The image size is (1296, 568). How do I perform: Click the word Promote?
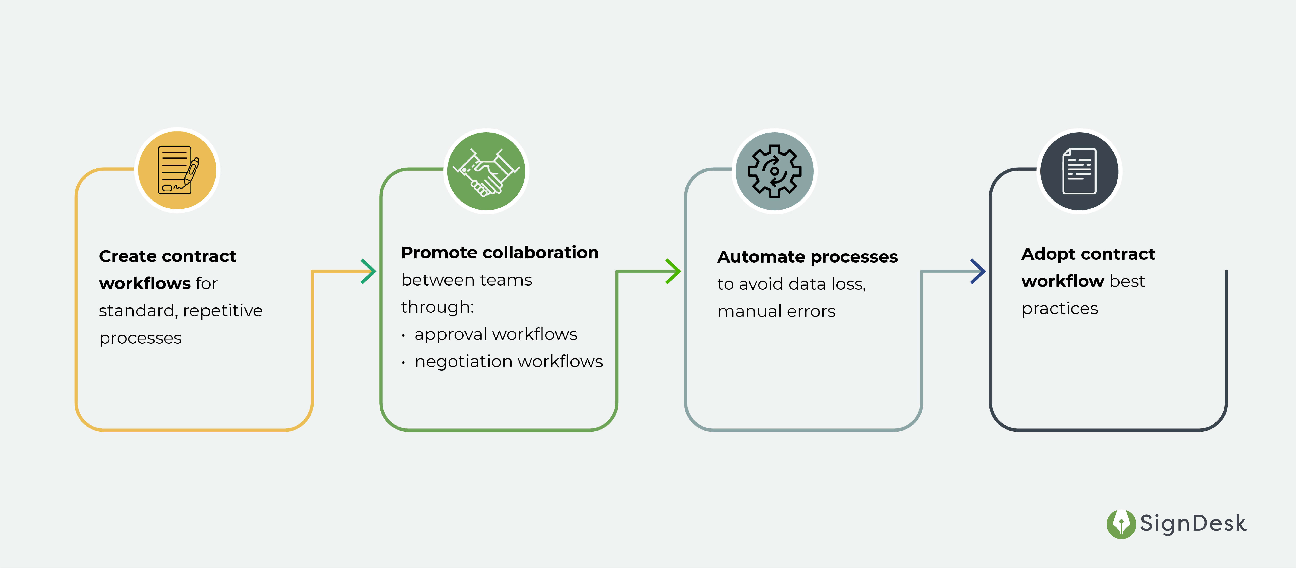click(x=438, y=252)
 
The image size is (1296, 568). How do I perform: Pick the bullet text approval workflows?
click(x=495, y=334)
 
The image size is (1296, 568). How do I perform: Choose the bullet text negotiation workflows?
click(x=508, y=361)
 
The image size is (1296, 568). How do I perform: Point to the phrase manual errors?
click(x=776, y=311)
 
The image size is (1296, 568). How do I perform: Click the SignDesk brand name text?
click(x=1193, y=524)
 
